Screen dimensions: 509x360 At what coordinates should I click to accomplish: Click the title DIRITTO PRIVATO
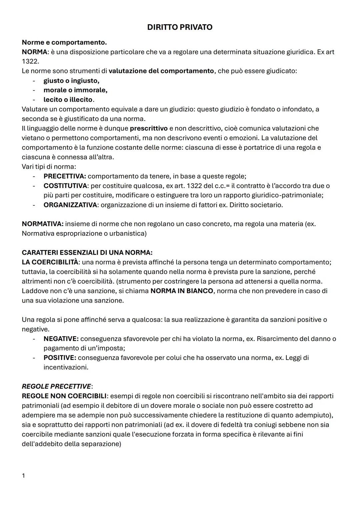click(x=180, y=27)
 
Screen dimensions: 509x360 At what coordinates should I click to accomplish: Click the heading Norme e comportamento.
click(x=64, y=42)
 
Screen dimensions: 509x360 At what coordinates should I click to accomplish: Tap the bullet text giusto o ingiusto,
click(x=71, y=81)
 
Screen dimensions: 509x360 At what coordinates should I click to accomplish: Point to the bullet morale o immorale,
click(x=75, y=90)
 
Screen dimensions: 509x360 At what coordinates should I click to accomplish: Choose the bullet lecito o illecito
click(x=68, y=100)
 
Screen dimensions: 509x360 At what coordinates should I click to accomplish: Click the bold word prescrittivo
click(x=149, y=128)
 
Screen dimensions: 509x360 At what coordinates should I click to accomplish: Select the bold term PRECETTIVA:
click(x=65, y=176)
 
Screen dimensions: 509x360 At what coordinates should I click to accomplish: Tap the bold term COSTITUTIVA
click(x=65, y=186)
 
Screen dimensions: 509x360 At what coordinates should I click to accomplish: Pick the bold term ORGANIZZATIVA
click(x=70, y=205)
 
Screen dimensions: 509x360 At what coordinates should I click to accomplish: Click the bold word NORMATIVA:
click(x=43, y=224)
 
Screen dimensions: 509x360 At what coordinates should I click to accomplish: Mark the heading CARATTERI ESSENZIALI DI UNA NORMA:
click(x=87, y=253)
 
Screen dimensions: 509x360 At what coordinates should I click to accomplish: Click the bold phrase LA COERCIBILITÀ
click(x=50, y=262)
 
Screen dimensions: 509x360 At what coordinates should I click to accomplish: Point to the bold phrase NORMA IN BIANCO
click(x=182, y=291)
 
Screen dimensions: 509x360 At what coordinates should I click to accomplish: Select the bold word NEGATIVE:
click(x=61, y=339)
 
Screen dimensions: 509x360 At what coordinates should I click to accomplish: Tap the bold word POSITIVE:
click(x=60, y=358)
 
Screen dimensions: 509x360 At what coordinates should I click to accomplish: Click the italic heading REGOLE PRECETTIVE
click(x=56, y=386)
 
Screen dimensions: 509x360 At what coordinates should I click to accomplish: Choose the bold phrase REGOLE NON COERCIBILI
click(x=64, y=396)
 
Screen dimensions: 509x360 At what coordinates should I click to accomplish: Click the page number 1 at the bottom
click(x=23, y=476)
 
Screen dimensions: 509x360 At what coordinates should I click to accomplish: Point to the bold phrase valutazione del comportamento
click(x=161, y=71)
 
